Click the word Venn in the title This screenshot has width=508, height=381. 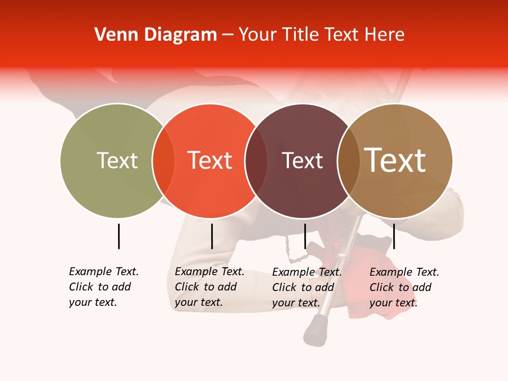(113, 35)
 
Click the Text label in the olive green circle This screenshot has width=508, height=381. (117, 160)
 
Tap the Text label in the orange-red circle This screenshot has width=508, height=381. (210, 160)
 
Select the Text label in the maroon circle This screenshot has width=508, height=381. (302, 160)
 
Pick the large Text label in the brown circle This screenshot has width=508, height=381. (395, 160)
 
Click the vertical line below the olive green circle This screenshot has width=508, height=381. (119, 236)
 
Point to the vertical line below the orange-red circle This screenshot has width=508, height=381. (212, 236)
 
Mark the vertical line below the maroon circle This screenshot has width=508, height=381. (305, 236)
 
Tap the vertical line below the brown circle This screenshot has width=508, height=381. (394, 236)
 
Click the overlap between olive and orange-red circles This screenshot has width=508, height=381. (164, 160)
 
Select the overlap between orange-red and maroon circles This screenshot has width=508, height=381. (257, 160)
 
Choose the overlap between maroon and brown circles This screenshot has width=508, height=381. (349, 160)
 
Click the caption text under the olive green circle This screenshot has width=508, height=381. (103, 287)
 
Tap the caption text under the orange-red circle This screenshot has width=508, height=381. (209, 287)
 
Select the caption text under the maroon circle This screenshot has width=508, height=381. (306, 287)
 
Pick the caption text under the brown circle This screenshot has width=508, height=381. (404, 287)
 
